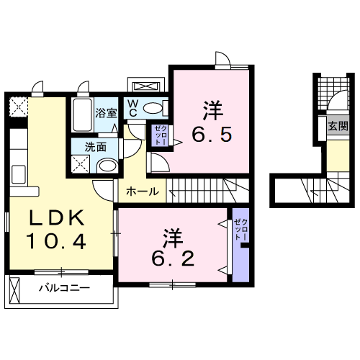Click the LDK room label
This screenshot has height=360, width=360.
pos(58,217)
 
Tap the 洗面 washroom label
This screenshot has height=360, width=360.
pos(96,146)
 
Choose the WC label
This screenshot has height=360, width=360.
pos(134,108)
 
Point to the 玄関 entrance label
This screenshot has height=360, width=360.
pos(336,125)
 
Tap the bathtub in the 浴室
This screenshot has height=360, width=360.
pos(81,115)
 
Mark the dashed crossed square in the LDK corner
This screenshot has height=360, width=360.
pos(17,107)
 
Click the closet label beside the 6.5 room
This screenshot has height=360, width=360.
pos(158,135)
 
